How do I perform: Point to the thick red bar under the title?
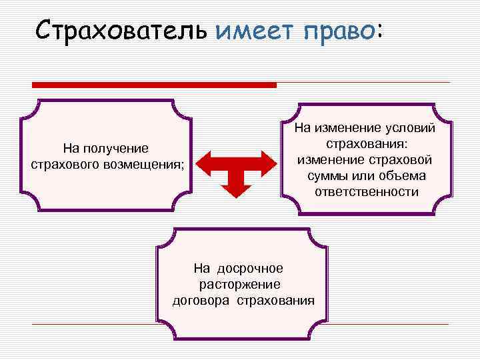click(x=155, y=85)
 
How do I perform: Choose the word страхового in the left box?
click(x=68, y=163)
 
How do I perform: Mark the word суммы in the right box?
click(x=331, y=176)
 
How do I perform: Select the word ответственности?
click(x=367, y=192)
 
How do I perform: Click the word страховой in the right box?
click(x=401, y=160)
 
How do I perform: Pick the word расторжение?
click(x=239, y=284)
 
